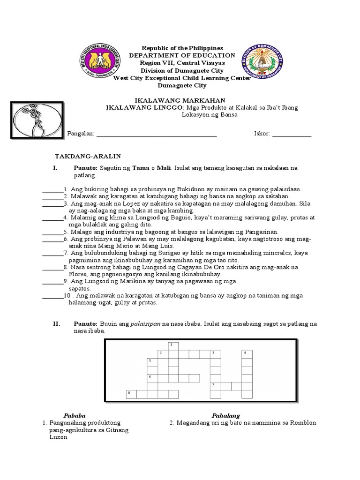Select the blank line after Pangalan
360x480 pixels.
tap(156, 134)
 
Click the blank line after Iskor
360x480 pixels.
tap(292, 134)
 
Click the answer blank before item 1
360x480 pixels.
tap(51, 189)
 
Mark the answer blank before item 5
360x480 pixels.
tap(52, 232)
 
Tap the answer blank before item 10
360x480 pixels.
tap(52, 296)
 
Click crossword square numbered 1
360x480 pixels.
tap(172, 346)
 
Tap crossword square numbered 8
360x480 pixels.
tap(131, 394)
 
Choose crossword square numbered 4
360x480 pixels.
tap(247, 354)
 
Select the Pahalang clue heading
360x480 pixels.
tap(225, 415)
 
